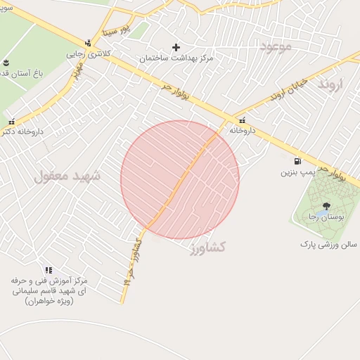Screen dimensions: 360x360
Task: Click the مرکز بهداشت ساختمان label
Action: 176,59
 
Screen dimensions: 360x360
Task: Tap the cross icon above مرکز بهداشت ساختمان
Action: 176,47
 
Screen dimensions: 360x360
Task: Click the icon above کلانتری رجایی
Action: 87,43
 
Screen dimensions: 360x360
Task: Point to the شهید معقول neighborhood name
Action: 67,176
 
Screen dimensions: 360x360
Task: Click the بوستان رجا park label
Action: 323,217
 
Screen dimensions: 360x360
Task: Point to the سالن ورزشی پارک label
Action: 328,244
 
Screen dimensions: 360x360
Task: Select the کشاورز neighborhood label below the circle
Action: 208,247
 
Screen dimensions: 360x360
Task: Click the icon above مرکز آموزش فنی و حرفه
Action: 49,270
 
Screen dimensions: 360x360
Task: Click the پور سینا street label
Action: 116,31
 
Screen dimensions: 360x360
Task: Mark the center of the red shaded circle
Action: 180,180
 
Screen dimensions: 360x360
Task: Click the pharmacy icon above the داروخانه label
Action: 243,120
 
